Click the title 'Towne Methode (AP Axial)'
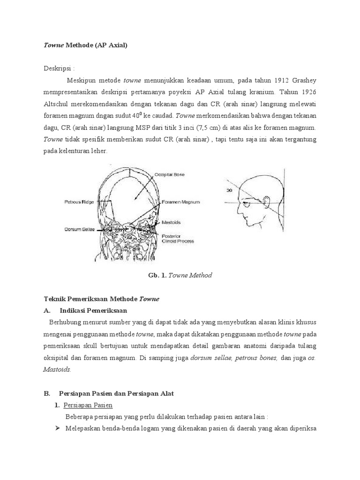[x=85, y=45]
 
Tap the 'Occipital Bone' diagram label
[x=170, y=174]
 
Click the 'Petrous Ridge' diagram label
[x=79, y=202]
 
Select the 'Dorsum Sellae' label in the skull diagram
[x=80, y=229]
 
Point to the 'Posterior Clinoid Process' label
[x=177, y=238]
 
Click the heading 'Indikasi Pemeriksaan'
[x=93, y=310]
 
